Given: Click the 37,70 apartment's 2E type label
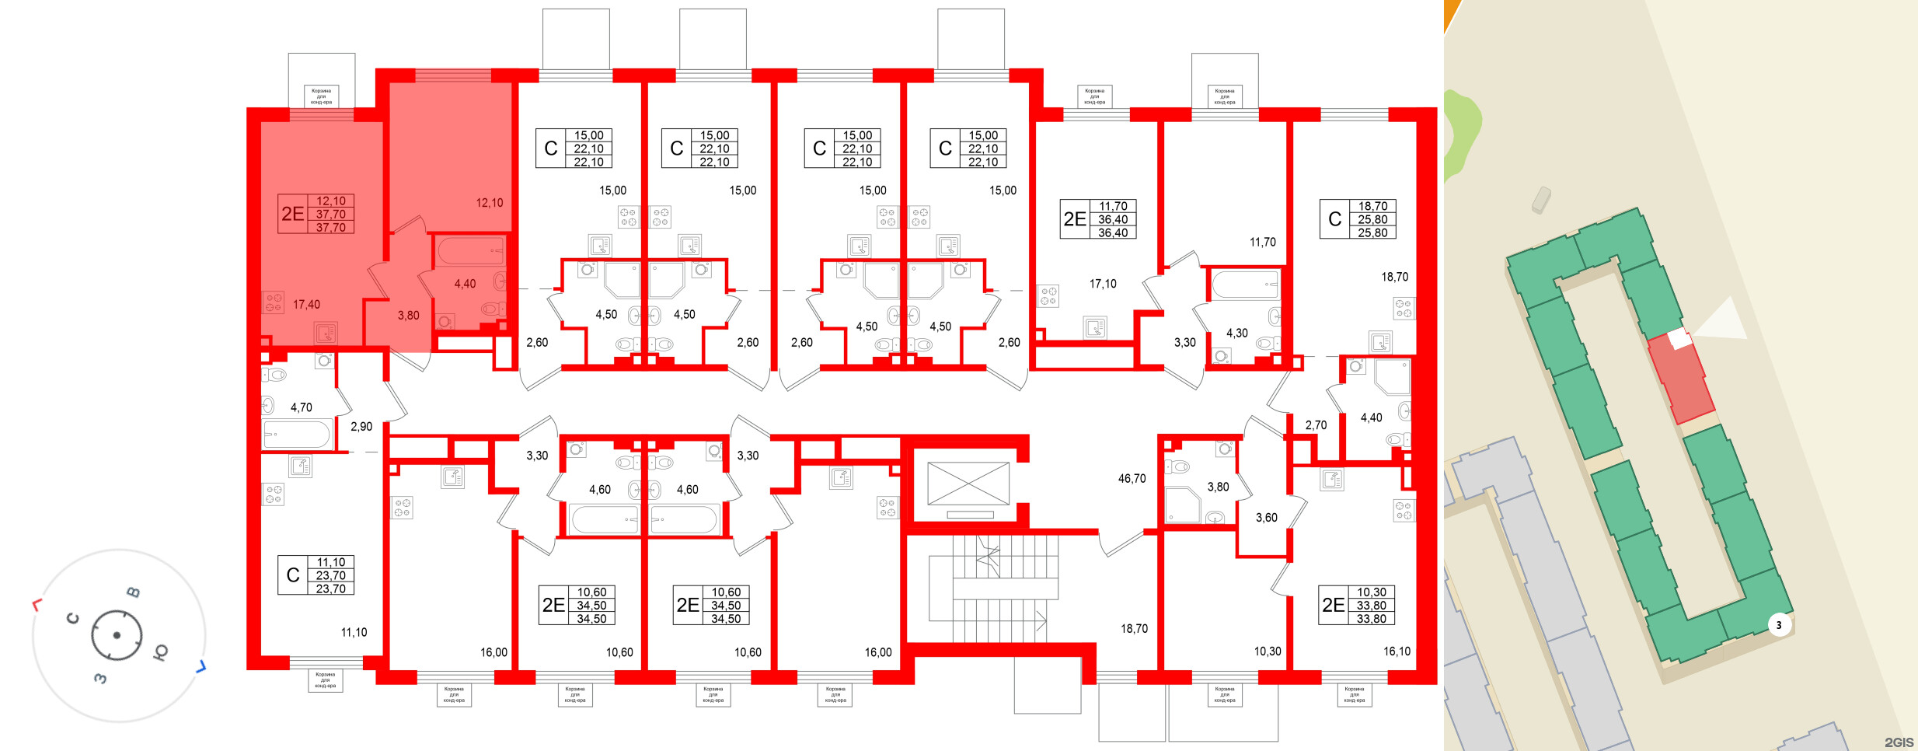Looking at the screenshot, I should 293,214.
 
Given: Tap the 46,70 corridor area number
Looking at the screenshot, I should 1132,479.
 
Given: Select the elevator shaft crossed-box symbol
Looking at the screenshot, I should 968,484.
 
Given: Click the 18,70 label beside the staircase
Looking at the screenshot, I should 1134,629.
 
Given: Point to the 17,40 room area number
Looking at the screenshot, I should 306,305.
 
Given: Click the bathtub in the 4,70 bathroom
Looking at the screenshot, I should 297,434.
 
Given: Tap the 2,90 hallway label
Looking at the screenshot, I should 361,427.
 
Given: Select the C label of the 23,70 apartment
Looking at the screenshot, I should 293,575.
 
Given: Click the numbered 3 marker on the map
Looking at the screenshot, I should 1779,625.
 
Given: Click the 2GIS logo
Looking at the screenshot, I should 1899,742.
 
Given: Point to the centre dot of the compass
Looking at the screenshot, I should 117,635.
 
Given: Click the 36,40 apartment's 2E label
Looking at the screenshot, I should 1075,220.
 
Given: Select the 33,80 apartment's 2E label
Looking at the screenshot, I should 1334,606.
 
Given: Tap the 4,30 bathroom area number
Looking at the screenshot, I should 1236,334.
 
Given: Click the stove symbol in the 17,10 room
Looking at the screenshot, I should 1048,296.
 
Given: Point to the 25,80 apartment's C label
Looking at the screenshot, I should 1335,220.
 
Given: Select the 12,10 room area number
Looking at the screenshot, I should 490,203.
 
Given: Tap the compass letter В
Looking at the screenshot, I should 134,592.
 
